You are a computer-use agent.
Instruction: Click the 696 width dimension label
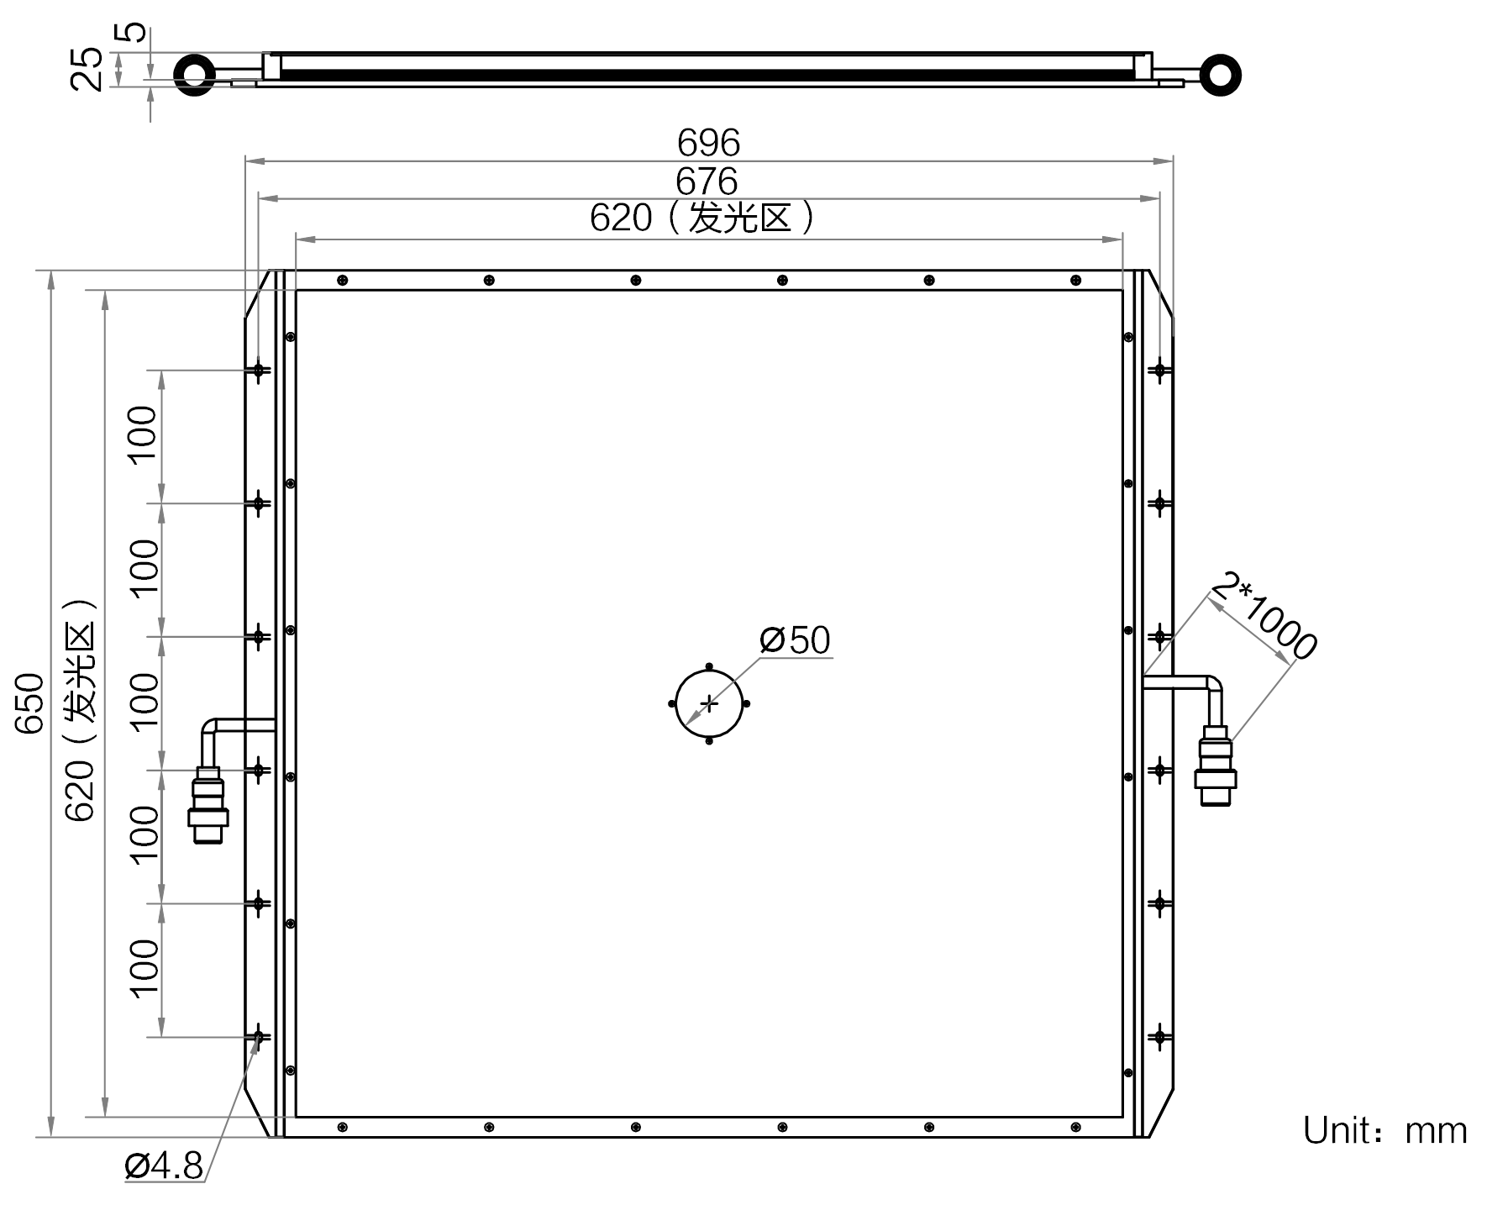708,143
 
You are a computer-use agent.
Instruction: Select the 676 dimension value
707,182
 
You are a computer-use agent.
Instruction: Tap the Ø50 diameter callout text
795,640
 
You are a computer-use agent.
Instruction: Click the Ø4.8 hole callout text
164,1166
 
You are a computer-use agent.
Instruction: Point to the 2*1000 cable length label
1265,616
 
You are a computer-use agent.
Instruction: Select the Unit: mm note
1385,1131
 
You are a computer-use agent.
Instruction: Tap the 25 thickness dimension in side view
87,69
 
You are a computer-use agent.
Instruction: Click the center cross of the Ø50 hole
710,703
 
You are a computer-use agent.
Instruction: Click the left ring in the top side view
195,76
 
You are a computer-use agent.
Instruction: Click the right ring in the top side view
1220,76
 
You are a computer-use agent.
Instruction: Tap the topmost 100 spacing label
144,434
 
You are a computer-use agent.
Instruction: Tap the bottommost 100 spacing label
144,967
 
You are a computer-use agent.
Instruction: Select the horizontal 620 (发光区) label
701,218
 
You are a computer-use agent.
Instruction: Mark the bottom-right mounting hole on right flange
1159,1037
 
